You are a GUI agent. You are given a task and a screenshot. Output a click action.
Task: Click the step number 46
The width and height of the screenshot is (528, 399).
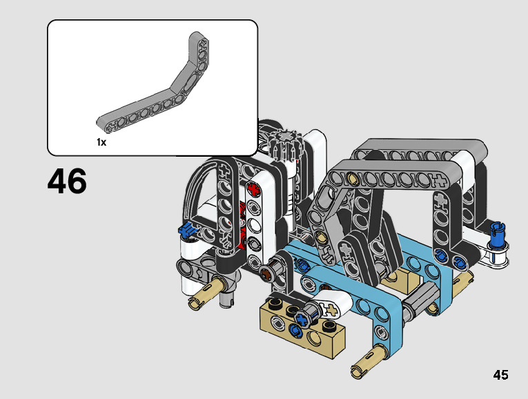coord(67,182)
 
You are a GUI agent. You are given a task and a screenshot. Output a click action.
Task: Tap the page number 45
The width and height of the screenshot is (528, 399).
coord(500,375)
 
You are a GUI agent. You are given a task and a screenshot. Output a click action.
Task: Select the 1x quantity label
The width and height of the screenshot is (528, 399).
coord(101,142)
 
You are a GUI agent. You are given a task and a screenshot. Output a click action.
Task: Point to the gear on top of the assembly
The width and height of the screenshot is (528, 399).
coord(286,145)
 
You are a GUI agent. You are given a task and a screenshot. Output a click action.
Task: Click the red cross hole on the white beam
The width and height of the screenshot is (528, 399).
coord(254,190)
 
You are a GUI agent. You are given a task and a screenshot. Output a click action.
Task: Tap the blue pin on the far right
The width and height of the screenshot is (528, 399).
coord(498,235)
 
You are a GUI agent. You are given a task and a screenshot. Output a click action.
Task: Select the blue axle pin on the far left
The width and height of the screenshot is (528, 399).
coord(187,230)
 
